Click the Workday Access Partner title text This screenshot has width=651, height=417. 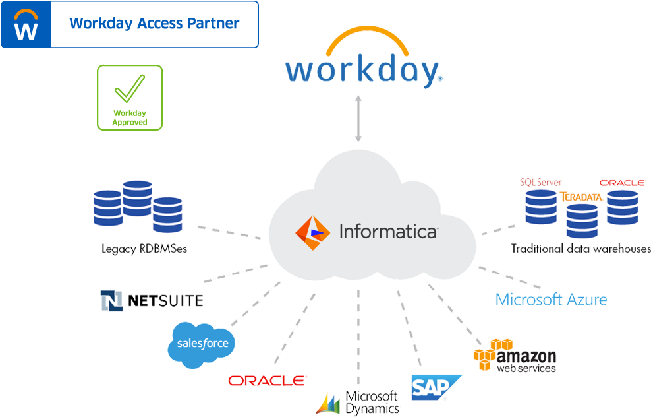[154, 24]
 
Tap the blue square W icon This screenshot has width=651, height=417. [26, 24]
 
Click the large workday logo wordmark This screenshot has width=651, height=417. [363, 69]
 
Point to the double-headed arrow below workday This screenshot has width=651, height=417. [358, 118]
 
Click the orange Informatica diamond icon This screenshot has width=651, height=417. [312, 231]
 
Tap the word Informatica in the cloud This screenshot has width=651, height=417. [387, 232]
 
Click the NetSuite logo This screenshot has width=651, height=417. [152, 301]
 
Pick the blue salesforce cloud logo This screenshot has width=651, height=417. [201, 344]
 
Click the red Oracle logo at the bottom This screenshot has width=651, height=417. [267, 381]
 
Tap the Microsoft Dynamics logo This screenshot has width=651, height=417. [358, 402]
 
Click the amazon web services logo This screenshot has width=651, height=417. [515, 357]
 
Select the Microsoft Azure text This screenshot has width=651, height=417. [551, 300]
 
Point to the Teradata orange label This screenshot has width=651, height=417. [581, 197]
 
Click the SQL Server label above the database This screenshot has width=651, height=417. [540, 182]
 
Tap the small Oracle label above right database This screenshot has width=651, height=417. [622, 183]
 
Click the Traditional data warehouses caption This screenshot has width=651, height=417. [580, 249]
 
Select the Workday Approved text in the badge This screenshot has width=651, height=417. [130, 118]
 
